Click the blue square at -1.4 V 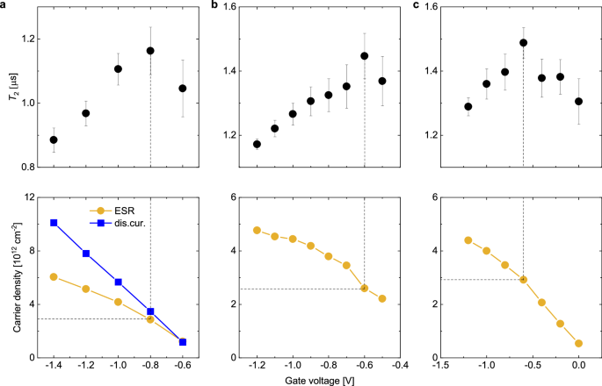[54, 223]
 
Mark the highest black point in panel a [150, 51]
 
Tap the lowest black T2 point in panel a [54, 139]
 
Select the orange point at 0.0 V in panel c [578, 343]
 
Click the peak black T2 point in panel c [523, 42]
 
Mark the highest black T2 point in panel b [364, 56]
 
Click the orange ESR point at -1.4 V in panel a [54, 276]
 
